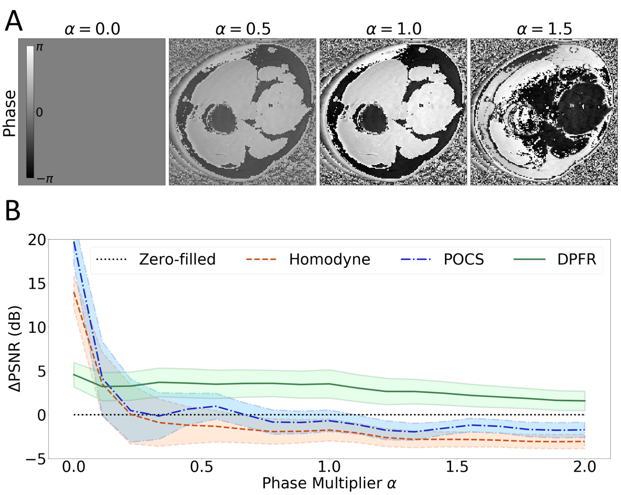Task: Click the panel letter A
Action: pyautogui.click(x=14, y=21)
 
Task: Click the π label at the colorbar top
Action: pyautogui.click(x=39, y=47)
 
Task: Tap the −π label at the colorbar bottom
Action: pyautogui.click(x=45, y=179)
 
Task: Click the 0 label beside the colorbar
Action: pyautogui.click(x=39, y=113)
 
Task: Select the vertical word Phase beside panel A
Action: pyautogui.click(x=10, y=113)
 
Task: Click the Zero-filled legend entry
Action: pyautogui.click(x=177, y=259)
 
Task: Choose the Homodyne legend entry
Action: pyautogui.click(x=329, y=259)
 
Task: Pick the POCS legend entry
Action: pyautogui.click(x=464, y=259)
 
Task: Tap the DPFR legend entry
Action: pyautogui.click(x=576, y=259)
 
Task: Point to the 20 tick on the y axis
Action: pyautogui.click(x=37, y=240)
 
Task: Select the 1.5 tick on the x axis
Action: pyautogui.click(x=457, y=467)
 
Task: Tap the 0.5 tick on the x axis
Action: pyautogui.click(x=201, y=467)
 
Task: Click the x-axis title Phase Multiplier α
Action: pyautogui.click(x=329, y=483)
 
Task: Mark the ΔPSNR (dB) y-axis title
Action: pyautogui.click(x=15, y=349)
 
